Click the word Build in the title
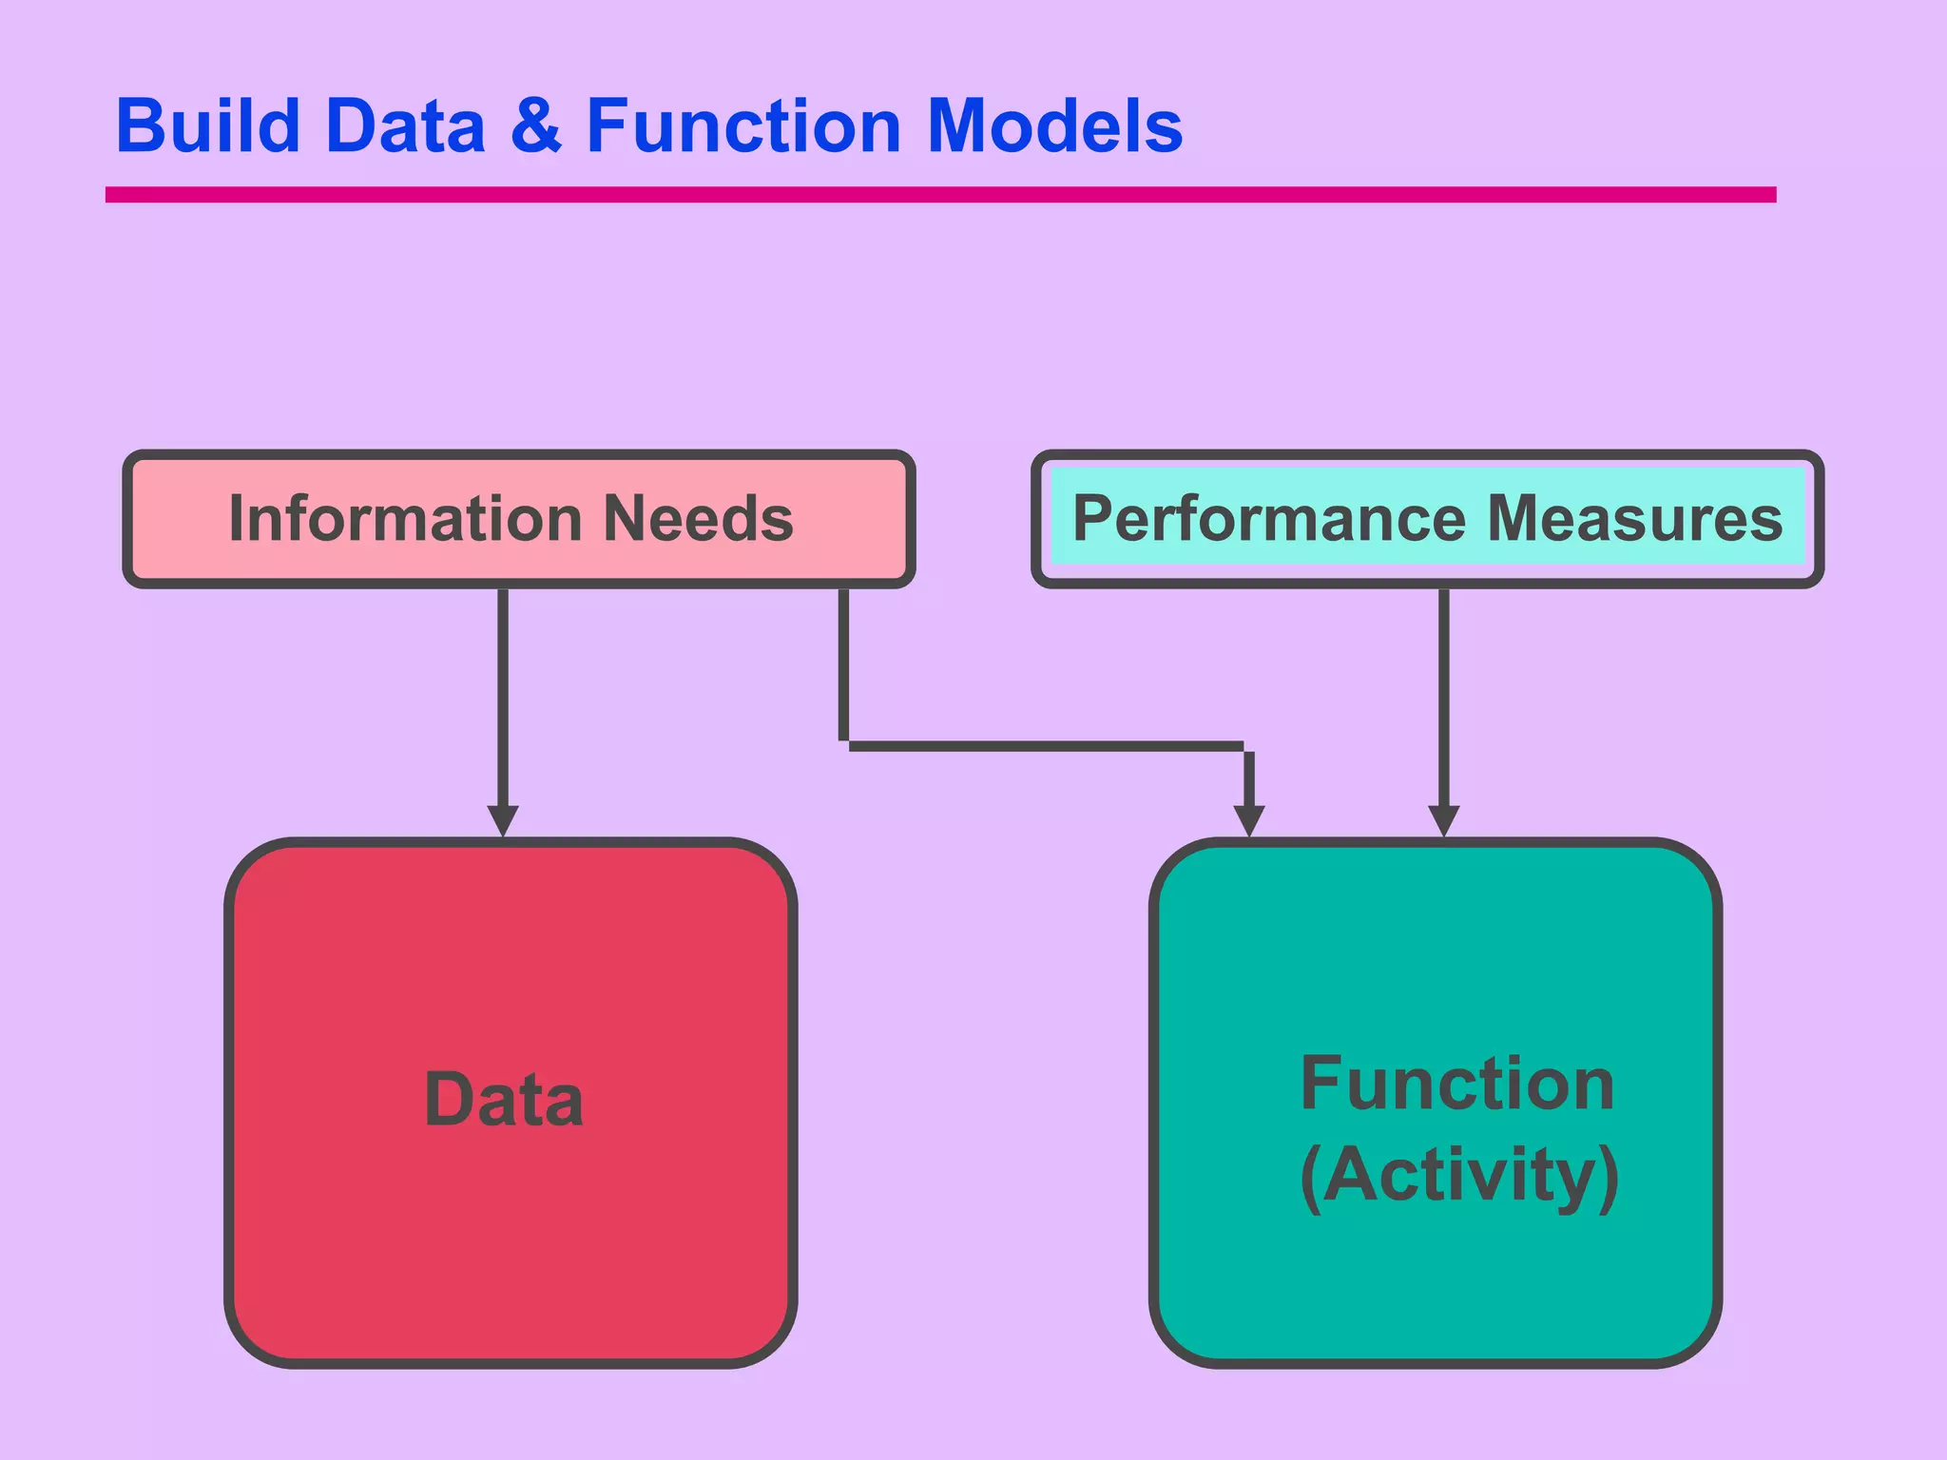(208, 126)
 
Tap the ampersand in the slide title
(536, 126)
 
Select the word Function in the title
(743, 126)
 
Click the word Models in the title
(1054, 126)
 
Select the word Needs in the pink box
(699, 519)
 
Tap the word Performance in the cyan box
(1269, 519)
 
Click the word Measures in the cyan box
(1634, 519)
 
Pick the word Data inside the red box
(504, 1101)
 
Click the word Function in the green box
(1456, 1085)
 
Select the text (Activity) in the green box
(1458, 1176)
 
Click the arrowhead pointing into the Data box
(503, 819)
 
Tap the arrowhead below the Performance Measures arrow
(1443, 819)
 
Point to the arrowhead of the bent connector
(1248, 819)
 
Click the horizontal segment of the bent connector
(1046, 746)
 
